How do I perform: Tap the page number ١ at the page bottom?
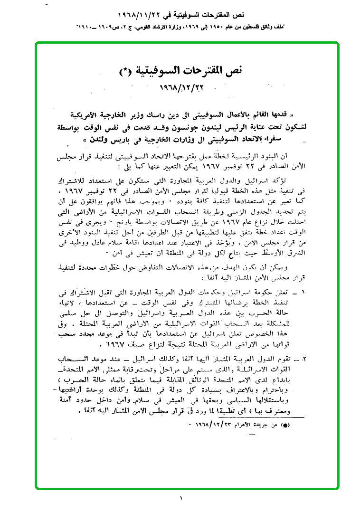click(x=181, y=498)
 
